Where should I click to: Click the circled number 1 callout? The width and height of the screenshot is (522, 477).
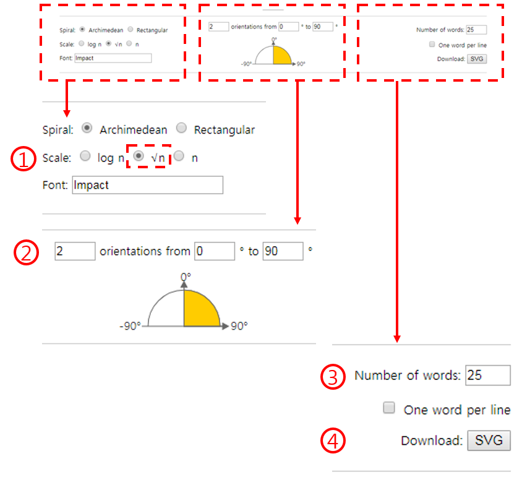(x=24, y=158)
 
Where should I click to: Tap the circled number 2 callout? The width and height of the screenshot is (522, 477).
(x=26, y=252)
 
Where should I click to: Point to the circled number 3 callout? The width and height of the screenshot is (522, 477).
(x=333, y=377)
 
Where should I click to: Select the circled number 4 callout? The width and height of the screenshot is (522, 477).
(x=333, y=440)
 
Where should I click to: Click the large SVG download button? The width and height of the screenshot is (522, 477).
(x=489, y=440)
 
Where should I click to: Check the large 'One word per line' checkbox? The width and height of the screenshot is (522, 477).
(x=389, y=407)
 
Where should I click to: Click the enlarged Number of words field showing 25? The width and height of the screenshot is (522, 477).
(x=488, y=376)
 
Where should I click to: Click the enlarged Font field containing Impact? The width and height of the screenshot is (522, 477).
(x=147, y=185)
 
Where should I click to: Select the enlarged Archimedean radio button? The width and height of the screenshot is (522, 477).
(x=87, y=128)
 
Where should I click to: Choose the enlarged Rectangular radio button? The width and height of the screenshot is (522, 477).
(x=181, y=128)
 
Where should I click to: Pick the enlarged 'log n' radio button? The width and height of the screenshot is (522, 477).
(x=85, y=156)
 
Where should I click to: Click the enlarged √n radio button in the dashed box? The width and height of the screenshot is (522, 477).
(x=139, y=156)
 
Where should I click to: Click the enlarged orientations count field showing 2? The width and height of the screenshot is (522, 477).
(x=75, y=251)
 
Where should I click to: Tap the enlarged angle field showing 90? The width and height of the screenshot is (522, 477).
(x=283, y=251)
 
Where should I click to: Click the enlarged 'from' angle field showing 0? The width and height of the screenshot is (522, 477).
(x=215, y=251)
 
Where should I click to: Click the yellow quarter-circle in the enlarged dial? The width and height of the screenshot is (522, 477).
(x=199, y=311)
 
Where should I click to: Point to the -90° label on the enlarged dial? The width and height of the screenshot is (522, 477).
(x=130, y=326)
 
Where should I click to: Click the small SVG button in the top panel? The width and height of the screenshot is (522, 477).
(x=477, y=59)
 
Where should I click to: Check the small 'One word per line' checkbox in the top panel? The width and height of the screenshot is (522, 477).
(x=432, y=45)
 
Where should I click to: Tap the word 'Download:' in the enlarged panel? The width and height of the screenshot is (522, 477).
(x=432, y=440)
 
